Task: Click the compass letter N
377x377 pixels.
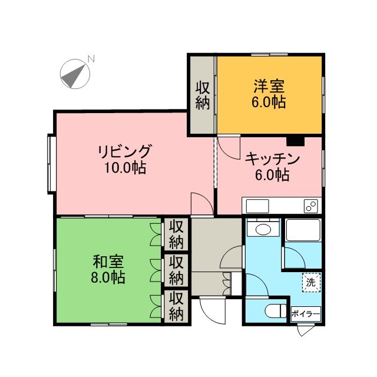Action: (91, 59)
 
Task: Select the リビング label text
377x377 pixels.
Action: (125, 151)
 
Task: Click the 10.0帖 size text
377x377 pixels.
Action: (125, 167)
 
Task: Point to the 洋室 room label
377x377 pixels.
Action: (269, 87)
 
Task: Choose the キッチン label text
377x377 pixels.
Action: (272, 159)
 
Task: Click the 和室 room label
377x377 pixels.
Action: (108, 262)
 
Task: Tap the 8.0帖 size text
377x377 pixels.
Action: (108, 277)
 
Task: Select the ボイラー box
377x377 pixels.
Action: (306, 314)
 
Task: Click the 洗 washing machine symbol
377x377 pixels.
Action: (312, 282)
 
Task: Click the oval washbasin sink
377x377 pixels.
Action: (263, 229)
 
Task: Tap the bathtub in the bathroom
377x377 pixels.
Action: (303, 230)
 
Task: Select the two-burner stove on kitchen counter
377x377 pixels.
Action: (311, 206)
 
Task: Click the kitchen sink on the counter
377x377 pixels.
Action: (257, 206)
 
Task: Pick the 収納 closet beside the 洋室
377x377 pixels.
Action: (203, 95)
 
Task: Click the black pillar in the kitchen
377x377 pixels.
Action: (296, 141)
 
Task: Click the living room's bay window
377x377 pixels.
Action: (51, 164)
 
